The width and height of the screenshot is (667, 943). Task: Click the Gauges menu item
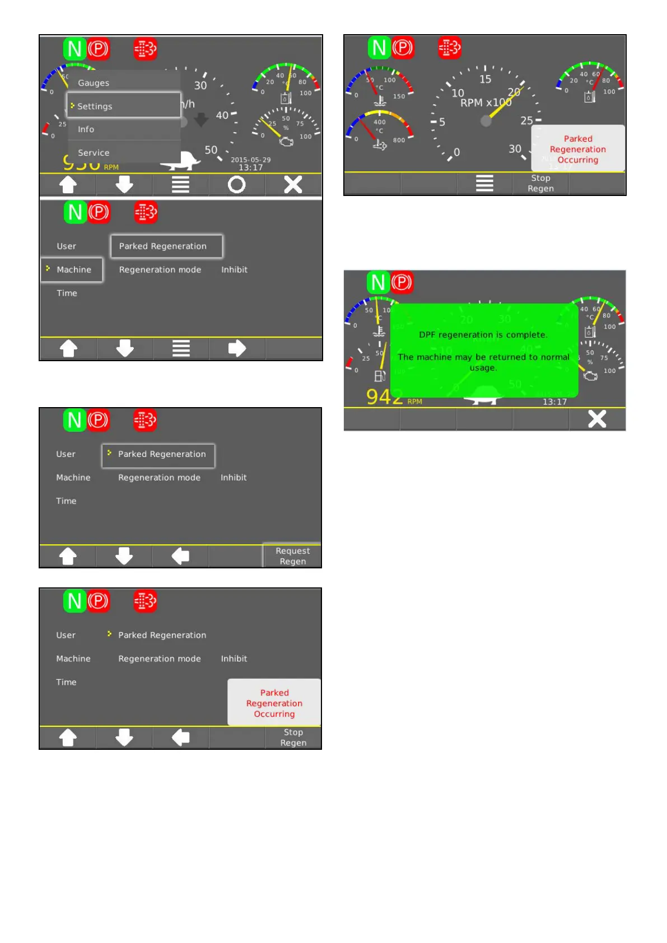click(x=94, y=83)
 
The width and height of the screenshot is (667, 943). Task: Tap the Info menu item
click(x=86, y=129)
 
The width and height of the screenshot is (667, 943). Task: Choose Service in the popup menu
click(x=94, y=152)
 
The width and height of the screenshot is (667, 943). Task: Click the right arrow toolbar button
click(x=237, y=348)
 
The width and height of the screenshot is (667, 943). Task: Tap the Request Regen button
click(x=292, y=556)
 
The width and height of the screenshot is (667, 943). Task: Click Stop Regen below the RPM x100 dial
click(x=540, y=183)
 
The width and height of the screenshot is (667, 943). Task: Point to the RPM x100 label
click(x=485, y=103)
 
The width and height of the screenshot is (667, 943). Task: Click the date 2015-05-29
click(x=250, y=160)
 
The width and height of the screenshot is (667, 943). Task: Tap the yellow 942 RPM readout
click(x=385, y=397)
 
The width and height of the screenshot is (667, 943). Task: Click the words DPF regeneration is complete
click(x=483, y=335)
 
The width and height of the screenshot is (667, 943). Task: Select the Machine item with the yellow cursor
click(x=73, y=269)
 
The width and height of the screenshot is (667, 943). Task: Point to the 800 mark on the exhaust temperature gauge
click(x=399, y=140)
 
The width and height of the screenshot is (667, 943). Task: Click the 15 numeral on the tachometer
click(x=485, y=80)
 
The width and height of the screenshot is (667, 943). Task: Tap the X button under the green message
click(x=597, y=419)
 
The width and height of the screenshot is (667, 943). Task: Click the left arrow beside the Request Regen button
click(x=180, y=556)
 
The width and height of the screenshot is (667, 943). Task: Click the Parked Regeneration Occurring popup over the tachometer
click(x=577, y=149)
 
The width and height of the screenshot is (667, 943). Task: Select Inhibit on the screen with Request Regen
click(x=234, y=478)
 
